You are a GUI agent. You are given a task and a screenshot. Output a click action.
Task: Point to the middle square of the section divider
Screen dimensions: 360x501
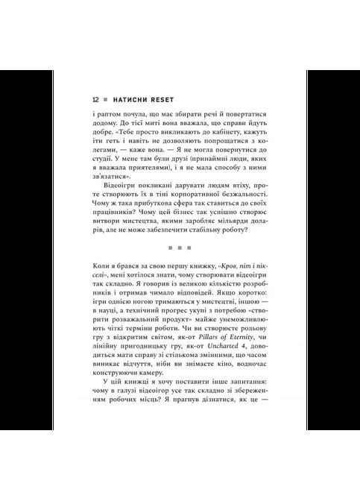[x=180, y=246]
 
